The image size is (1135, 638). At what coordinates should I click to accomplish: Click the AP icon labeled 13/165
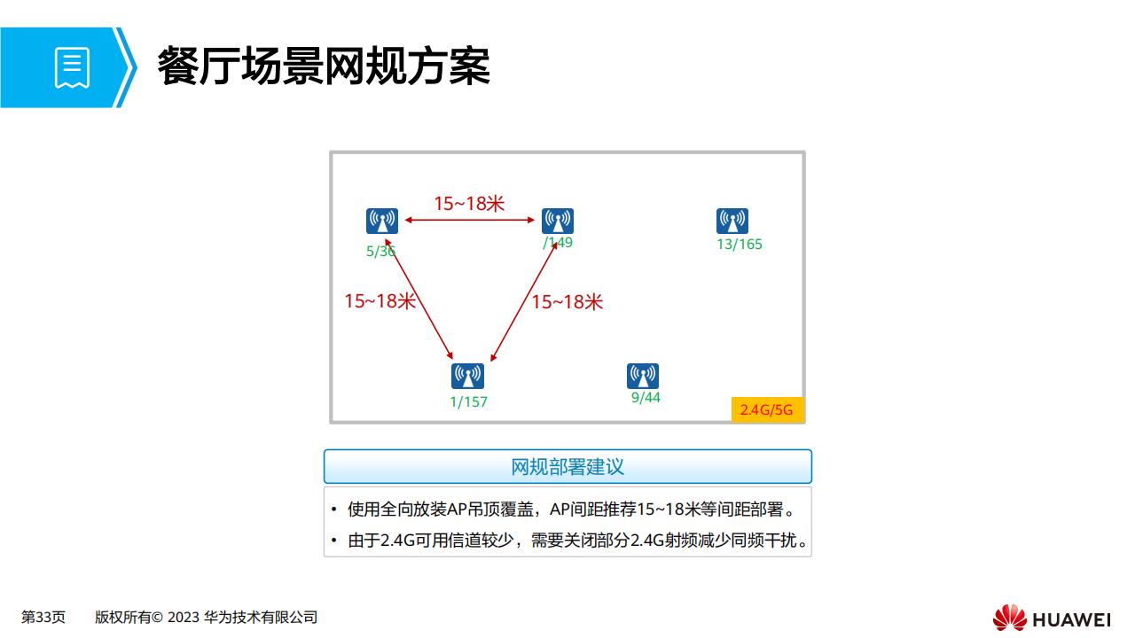tap(732, 221)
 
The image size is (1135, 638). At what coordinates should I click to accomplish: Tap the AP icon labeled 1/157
tap(467, 377)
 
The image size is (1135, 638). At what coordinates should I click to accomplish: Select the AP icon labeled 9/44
tap(643, 377)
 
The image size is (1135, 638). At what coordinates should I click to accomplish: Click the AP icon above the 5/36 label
tap(382, 221)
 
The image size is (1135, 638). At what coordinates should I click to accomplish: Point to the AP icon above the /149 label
tap(558, 221)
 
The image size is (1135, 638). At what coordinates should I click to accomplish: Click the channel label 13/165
tap(740, 244)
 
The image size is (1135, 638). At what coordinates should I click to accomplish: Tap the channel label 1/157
tap(469, 402)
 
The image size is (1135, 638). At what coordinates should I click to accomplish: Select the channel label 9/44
tap(646, 398)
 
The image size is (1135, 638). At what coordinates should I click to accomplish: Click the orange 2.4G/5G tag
tap(767, 409)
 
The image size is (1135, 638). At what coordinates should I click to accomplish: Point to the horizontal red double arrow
tap(470, 220)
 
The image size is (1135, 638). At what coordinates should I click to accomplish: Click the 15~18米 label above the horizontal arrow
tap(469, 204)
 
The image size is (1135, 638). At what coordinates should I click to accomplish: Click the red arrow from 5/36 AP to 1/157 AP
tap(419, 300)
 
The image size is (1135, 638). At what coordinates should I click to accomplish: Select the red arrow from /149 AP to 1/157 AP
tap(524, 301)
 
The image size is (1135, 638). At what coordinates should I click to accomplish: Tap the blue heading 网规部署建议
tap(567, 467)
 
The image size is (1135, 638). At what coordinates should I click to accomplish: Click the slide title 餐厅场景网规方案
tap(324, 66)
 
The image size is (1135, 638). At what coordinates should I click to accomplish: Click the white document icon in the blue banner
tap(72, 68)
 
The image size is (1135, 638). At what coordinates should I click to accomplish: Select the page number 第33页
tap(43, 618)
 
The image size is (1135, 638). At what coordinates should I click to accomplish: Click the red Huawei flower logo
tap(1009, 618)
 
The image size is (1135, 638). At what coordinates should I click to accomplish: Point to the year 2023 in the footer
tap(183, 618)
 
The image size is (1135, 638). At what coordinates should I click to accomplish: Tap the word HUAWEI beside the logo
tap(1071, 619)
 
